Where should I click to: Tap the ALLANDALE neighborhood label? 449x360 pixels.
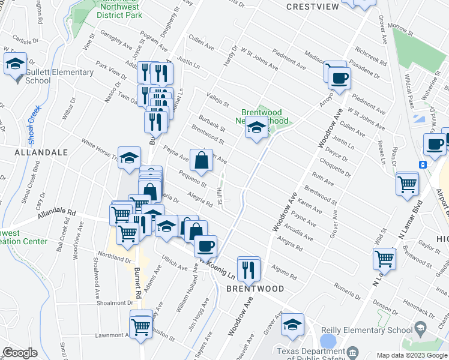[41, 153]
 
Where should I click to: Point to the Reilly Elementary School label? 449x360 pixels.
[370, 329]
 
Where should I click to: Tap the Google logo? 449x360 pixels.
[20, 353]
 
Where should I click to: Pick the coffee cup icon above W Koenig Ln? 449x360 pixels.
[205, 245]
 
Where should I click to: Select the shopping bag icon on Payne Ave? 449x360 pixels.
[202, 159]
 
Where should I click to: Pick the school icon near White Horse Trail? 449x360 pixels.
[128, 158]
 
